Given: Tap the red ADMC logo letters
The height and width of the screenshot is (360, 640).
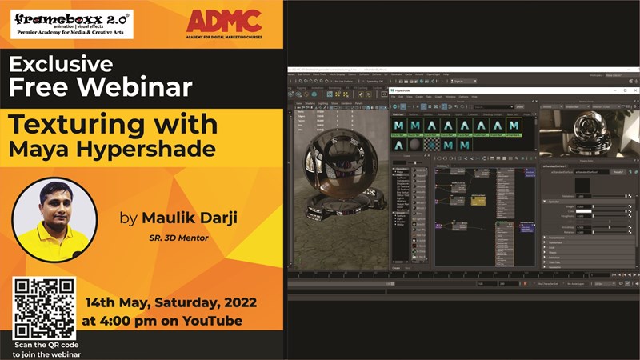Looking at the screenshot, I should [223, 20].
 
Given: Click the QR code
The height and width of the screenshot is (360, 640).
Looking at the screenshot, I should [44, 308].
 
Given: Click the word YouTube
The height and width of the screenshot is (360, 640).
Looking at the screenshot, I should [213, 321].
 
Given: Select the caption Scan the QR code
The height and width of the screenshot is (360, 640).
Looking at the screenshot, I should [47, 345].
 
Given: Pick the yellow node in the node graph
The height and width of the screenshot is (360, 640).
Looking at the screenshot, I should [478, 200].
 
